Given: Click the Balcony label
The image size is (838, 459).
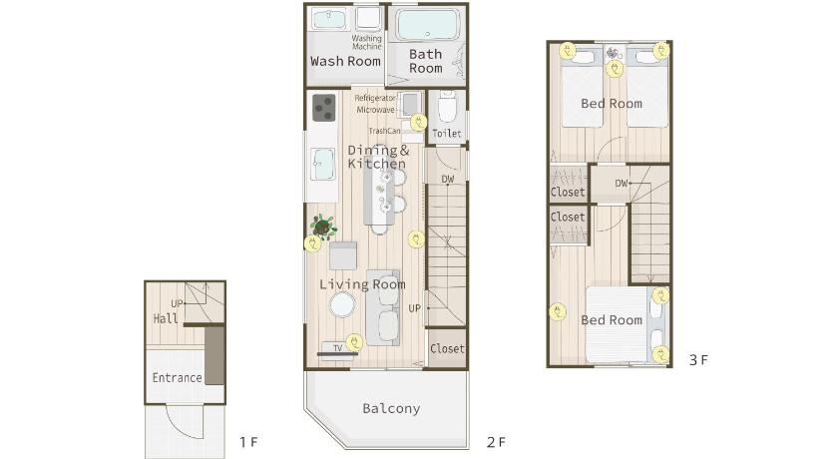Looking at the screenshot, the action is [391, 409].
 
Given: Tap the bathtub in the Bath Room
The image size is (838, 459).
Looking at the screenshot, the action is [428, 25].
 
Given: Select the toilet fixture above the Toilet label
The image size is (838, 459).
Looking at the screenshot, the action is [447, 106].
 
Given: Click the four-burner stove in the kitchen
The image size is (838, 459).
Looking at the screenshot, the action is [324, 108].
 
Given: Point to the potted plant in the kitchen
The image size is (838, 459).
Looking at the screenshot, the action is [323, 227].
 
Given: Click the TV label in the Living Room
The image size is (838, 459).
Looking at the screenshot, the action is [338, 348].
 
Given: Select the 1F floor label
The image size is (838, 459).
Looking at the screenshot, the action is [248, 442].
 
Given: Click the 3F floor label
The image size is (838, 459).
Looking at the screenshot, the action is [698, 360].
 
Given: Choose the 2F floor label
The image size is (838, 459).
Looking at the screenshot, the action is [496, 442].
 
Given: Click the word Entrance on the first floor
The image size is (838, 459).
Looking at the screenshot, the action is [177, 378].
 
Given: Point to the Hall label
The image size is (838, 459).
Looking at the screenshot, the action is [166, 319].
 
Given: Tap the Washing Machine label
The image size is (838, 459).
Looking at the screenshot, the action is [367, 42].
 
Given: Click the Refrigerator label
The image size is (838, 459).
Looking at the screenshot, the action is [375, 98].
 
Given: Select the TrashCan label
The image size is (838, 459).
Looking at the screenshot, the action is [384, 131].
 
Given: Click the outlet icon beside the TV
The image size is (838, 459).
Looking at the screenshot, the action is [354, 342].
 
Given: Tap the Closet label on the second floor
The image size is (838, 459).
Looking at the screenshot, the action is [447, 349].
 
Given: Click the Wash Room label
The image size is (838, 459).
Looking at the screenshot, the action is [345, 62].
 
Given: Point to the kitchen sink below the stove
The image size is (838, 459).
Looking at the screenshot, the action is [323, 164].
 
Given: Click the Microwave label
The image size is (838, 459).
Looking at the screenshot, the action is [376, 110].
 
